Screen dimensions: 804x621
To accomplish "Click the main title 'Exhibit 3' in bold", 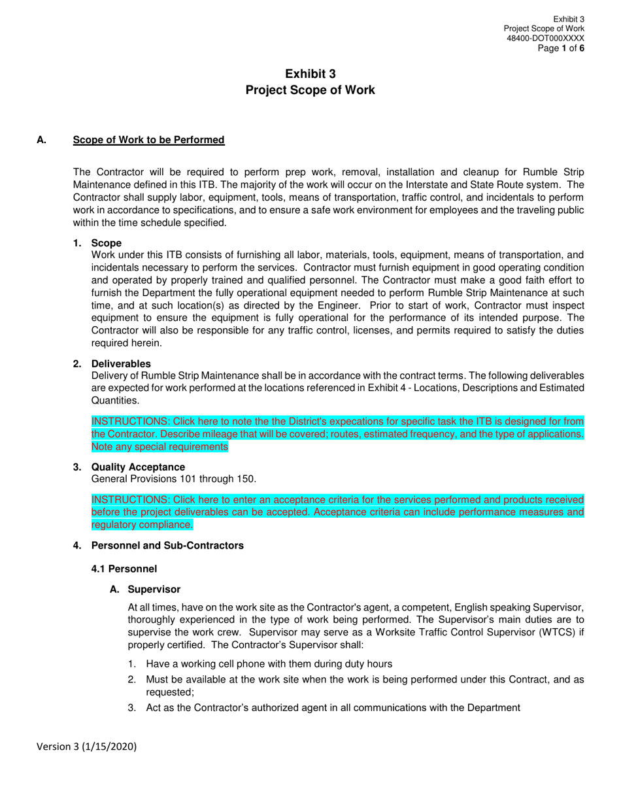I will coord(310,75).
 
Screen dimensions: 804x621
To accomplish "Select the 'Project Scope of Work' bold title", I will coord(310,90).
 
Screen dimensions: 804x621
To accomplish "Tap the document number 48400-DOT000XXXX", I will coord(545,39).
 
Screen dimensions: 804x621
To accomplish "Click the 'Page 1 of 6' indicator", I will coord(561,48).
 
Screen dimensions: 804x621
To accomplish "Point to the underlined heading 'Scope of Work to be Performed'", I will coord(148,140).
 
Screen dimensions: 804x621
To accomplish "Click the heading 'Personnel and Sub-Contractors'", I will coord(167,546).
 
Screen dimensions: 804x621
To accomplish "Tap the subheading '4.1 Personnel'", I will coord(124,569).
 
